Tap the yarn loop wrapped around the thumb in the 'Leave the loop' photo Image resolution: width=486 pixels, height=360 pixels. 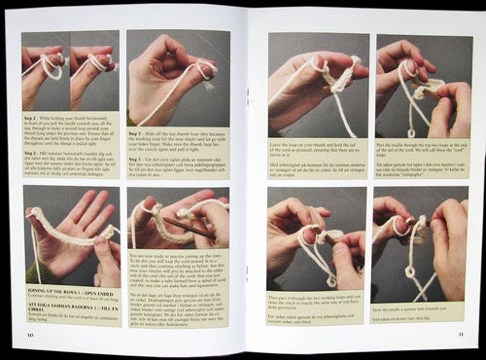[x=316, y=70]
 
